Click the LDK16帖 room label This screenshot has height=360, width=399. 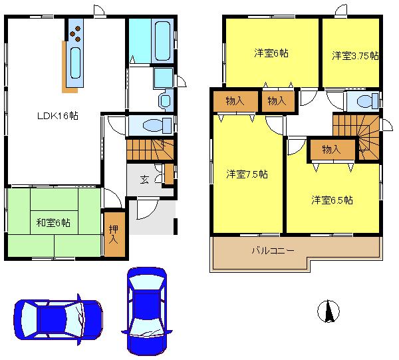[x=58, y=115]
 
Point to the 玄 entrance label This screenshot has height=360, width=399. [x=144, y=179]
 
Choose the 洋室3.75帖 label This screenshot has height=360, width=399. [x=355, y=56]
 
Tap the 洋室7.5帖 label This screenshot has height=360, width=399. [x=247, y=174]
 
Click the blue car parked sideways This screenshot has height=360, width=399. [x=59, y=321]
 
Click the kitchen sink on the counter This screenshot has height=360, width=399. [x=73, y=63]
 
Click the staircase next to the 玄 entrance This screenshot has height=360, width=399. [x=150, y=148]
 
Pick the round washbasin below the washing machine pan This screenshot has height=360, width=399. [x=166, y=100]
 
